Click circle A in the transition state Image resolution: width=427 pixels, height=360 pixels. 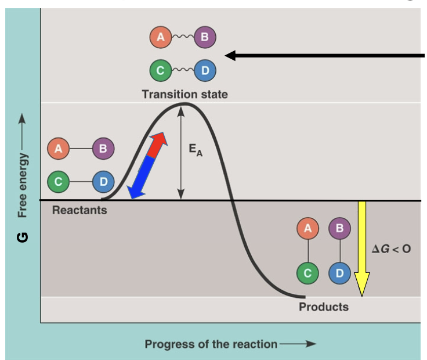coord(161,38)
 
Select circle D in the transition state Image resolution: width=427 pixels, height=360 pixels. coord(205,71)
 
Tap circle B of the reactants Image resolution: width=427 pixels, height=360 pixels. coord(103,149)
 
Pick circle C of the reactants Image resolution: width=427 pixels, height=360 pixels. coord(59,182)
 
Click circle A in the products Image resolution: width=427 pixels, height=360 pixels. coord(307,229)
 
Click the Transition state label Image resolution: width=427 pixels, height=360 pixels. coord(184,93)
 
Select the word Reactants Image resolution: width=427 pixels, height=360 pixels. coord(79,210)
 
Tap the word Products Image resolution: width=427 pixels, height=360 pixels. coord(324,307)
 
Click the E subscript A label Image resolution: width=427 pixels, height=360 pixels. coord(196,150)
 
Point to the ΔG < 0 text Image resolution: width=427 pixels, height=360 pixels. coord(391,249)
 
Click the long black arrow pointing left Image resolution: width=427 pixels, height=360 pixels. coord(325,56)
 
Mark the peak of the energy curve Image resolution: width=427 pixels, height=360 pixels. coord(184,104)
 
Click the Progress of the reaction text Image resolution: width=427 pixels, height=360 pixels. coord(211,344)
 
